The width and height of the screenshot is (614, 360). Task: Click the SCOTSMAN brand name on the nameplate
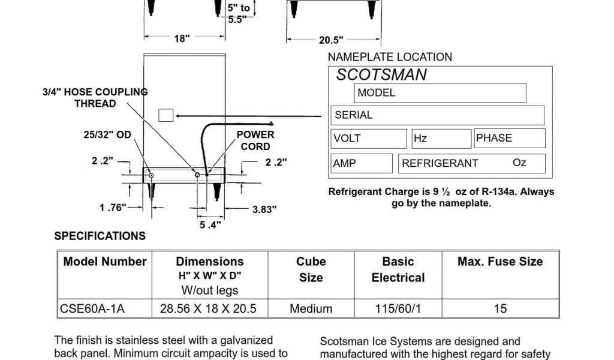coord(381,75)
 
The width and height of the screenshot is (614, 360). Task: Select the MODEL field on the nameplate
coord(440,93)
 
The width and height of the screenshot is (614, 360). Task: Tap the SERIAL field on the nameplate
coord(437,115)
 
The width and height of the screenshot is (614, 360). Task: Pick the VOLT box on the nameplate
coord(368,139)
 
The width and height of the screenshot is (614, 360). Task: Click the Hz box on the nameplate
coord(441,139)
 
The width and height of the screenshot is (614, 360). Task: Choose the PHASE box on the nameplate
coord(509,138)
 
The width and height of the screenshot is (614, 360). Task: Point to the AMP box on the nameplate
coord(362,163)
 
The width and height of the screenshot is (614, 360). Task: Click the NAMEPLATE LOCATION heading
coord(390,57)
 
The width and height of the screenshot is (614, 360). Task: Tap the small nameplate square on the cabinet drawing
coord(165,115)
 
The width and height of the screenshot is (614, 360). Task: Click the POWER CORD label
coord(255,140)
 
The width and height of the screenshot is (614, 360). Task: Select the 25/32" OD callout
coord(107,135)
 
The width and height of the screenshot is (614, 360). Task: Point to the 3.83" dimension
coord(264,209)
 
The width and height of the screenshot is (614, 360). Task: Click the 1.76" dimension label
coord(113,208)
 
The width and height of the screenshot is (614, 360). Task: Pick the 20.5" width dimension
coord(331,40)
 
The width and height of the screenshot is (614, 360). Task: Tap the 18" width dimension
coord(182,38)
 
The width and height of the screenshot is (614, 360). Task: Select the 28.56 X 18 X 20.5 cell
coord(208,309)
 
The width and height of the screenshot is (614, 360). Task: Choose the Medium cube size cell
coord(311,309)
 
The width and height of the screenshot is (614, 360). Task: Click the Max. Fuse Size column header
coord(500,262)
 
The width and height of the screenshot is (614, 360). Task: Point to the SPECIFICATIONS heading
coord(100,236)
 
